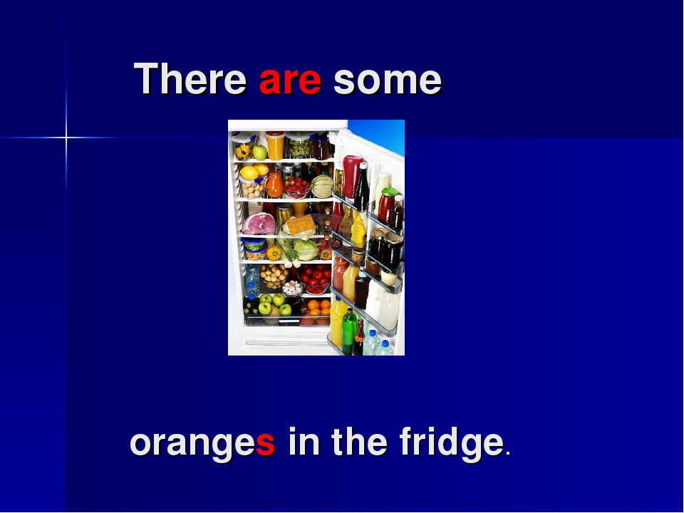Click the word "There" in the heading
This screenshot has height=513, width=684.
coord(190,79)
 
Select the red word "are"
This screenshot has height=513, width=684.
coord(290,81)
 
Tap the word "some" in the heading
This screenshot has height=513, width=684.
coord(388,81)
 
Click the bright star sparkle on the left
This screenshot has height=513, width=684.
coord(66,136)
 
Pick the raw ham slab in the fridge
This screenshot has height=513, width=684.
coord(258,224)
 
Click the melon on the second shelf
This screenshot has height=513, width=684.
coord(322,186)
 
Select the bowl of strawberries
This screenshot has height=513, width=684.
coord(296,187)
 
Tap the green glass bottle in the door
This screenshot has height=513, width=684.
coord(348,331)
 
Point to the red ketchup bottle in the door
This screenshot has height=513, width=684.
coord(351,175)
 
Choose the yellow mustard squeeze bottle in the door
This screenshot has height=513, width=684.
coord(358,230)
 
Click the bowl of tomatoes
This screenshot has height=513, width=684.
coord(314,276)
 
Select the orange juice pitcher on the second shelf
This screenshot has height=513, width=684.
coord(275,184)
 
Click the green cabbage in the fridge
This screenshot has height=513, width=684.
coord(306,249)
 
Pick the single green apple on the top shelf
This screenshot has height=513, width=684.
coord(259,152)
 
